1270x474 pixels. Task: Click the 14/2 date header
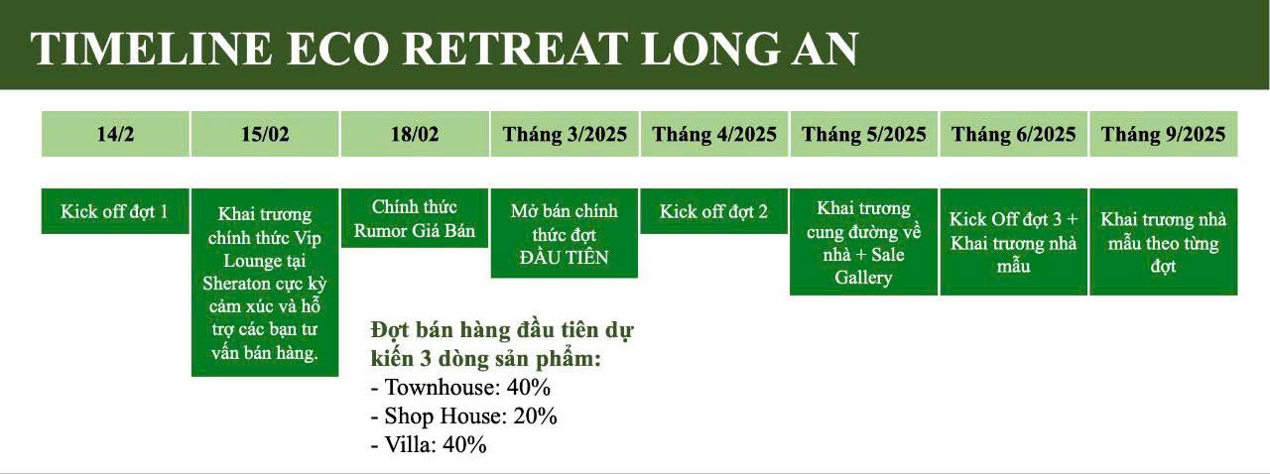(x=115, y=134)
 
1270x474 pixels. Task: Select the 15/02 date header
(x=265, y=134)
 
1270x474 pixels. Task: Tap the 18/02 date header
(x=415, y=134)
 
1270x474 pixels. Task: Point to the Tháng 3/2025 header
(x=565, y=134)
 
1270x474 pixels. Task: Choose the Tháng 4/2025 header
(x=714, y=134)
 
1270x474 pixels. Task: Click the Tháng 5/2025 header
(x=863, y=134)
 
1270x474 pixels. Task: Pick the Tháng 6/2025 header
(x=1014, y=134)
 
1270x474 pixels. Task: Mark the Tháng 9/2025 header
(x=1164, y=134)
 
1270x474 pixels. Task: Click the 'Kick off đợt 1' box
(x=115, y=211)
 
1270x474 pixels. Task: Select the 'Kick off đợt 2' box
(x=714, y=211)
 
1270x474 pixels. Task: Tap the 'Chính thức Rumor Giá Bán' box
(x=415, y=218)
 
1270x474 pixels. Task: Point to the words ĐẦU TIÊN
(x=565, y=257)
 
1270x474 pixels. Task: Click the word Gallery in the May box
(x=863, y=278)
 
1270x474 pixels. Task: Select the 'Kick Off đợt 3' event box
(x=1014, y=242)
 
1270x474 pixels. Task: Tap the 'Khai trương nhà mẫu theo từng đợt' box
(x=1164, y=242)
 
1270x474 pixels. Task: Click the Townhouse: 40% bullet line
(x=460, y=388)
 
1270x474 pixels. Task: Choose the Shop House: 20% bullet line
(x=463, y=416)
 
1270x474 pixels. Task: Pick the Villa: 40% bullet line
(x=429, y=444)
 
